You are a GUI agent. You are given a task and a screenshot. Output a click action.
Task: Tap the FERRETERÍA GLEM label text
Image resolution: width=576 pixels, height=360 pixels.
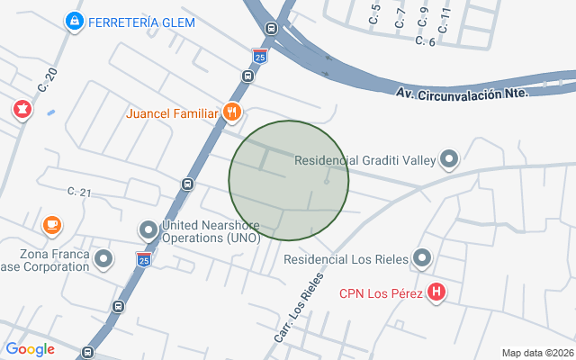(x=142, y=22)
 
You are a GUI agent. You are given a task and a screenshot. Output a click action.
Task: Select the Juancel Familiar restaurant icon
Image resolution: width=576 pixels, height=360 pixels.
(x=232, y=112)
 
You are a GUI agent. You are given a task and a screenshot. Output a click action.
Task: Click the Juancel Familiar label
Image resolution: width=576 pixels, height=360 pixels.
(x=173, y=113)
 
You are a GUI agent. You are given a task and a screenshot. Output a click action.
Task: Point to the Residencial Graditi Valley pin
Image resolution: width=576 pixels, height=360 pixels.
(x=449, y=160)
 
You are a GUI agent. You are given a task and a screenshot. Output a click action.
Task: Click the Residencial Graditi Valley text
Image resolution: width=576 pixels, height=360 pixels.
(x=365, y=161)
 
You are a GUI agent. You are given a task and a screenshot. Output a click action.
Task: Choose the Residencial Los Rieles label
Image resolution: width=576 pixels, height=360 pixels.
(x=346, y=259)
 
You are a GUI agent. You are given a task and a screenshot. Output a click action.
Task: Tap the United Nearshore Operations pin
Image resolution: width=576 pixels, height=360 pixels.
(x=148, y=230)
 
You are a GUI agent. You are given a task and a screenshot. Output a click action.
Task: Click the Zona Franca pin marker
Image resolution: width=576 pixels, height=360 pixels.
(x=104, y=260)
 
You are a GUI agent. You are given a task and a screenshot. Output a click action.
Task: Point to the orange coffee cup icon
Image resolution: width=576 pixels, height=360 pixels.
(x=52, y=224)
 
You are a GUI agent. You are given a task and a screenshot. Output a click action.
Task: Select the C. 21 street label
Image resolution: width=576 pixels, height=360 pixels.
(x=80, y=192)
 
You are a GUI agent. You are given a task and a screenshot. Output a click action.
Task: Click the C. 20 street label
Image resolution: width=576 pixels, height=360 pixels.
(x=48, y=82)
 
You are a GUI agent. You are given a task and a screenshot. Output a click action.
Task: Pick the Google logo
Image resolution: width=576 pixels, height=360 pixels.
(x=31, y=349)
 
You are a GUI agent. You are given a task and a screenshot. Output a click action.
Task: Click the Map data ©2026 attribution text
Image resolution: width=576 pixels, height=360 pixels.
(x=537, y=353)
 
